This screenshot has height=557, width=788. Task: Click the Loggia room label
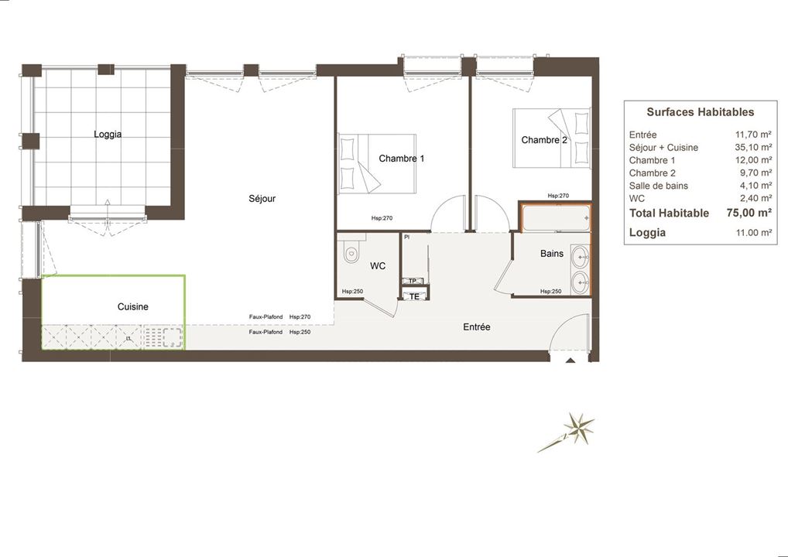[x=108, y=134]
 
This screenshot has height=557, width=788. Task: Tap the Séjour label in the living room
[x=262, y=198]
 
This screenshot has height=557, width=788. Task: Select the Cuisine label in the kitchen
[x=132, y=306]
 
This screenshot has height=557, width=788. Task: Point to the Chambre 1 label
[x=402, y=159]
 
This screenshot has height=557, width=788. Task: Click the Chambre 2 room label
[x=544, y=140]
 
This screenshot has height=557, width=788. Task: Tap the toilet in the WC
[x=351, y=252]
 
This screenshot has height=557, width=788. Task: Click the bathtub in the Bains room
[x=556, y=218]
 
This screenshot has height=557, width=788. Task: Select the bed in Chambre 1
[x=376, y=164]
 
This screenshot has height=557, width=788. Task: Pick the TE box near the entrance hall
[x=415, y=296]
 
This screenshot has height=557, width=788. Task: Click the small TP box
[x=413, y=282]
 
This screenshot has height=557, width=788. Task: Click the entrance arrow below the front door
[x=570, y=361]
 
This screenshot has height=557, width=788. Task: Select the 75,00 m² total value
[x=749, y=213]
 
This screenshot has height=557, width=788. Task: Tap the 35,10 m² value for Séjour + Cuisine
[x=753, y=147]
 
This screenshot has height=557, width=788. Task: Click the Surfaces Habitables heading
[x=700, y=112]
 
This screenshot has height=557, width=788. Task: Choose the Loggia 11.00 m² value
[x=753, y=233]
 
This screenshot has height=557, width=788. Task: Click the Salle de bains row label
[x=658, y=186]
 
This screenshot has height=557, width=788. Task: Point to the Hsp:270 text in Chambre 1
[x=382, y=218]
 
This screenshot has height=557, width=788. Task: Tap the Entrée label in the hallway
[x=476, y=327]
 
